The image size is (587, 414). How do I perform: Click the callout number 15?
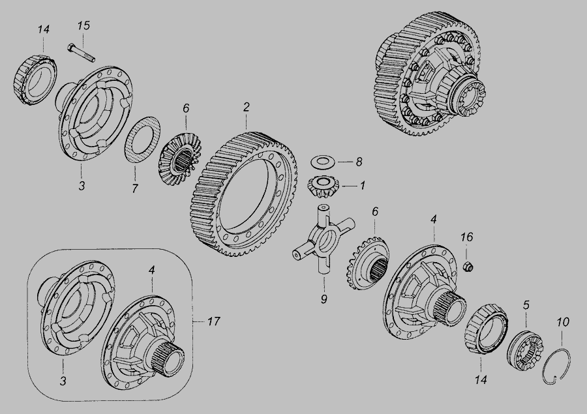[84, 26]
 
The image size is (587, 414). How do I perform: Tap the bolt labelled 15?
[82, 53]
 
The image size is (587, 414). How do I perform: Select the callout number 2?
[246, 107]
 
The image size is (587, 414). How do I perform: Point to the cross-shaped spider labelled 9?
[323, 238]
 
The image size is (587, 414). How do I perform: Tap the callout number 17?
[213, 321]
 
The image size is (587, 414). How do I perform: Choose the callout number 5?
[526, 305]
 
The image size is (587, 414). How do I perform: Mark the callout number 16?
[466, 237]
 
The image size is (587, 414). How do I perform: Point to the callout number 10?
[562, 322]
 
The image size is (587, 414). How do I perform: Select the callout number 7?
[135, 188]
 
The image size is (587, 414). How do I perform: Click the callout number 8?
[359, 162]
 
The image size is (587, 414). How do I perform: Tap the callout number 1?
[363, 185]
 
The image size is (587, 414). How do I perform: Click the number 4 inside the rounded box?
[151, 270]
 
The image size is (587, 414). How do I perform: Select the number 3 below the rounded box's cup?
[63, 381]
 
